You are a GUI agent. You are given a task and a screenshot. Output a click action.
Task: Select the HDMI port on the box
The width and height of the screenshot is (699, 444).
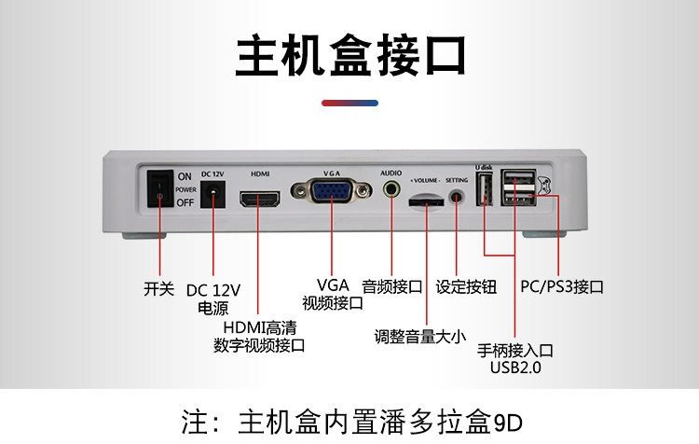260,199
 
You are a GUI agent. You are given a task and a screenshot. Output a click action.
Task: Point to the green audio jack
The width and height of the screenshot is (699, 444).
391,189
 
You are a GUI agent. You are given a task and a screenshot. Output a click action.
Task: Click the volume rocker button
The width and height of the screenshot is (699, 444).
427,200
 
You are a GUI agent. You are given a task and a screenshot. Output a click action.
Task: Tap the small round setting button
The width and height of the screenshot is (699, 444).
457,198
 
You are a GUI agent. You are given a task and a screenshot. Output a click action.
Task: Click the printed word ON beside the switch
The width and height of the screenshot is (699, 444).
185,176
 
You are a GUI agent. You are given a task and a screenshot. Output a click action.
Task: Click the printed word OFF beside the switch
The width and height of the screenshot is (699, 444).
185,202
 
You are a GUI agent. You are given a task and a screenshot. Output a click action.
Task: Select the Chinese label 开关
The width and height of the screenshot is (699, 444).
158,289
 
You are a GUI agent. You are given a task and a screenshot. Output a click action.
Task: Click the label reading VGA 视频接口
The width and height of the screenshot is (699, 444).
333,294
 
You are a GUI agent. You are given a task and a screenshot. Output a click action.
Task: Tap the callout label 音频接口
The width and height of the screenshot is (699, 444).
392,286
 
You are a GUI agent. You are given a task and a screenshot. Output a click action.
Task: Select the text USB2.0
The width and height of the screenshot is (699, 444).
515,368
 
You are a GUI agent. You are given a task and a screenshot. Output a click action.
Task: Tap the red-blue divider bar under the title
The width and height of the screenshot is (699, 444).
349,103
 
